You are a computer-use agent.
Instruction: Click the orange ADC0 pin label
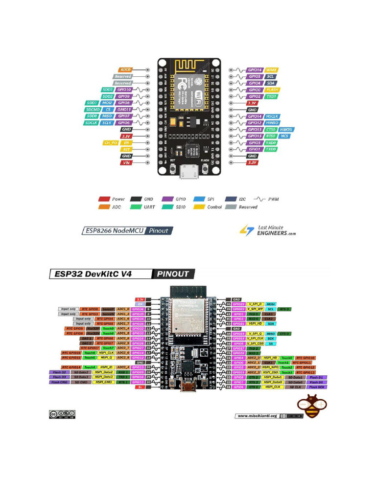[125, 70]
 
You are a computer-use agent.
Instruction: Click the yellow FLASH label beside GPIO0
[272, 90]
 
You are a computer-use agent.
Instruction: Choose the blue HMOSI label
[286, 129]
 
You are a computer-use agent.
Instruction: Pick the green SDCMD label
[93, 110]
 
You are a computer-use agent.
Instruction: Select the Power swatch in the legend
[104, 199]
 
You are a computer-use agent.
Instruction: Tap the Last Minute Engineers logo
[268, 230]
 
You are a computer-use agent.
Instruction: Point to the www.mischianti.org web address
[257, 416]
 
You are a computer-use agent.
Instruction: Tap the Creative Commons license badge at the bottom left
[62, 414]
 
